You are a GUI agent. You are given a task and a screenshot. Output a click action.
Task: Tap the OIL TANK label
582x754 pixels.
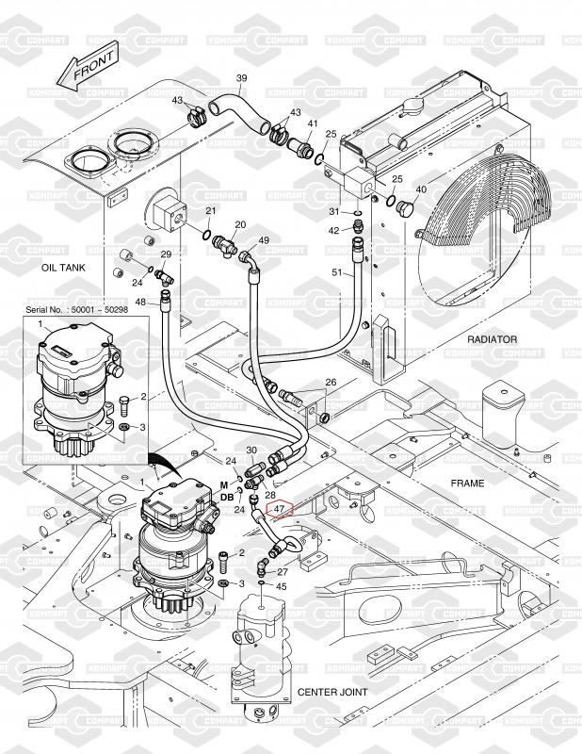pyautogui.click(x=64, y=268)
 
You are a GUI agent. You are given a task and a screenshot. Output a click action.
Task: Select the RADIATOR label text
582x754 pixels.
pyautogui.click(x=493, y=339)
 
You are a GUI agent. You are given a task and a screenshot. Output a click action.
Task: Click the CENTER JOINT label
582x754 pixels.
pyautogui.click(x=333, y=692)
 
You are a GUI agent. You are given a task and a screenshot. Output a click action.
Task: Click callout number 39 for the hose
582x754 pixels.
pyautogui.click(x=241, y=78)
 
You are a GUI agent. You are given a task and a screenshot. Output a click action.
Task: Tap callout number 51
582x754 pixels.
pyautogui.click(x=337, y=272)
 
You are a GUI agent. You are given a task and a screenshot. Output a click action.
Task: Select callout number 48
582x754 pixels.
pyautogui.click(x=140, y=302)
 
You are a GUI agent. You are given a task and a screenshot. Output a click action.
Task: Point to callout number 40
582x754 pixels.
pyautogui.click(x=421, y=189)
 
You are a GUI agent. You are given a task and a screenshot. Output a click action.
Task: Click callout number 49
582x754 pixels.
pyautogui.click(x=264, y=241)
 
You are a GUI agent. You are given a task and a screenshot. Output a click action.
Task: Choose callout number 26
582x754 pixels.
pyautogui.click(x=330, y=383)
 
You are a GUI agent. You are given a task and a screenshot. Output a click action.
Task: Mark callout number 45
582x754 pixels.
pyautogui.click(x=281, y=586)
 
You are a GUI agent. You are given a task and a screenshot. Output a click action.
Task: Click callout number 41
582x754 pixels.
pyautogui.click(x=313, y=124)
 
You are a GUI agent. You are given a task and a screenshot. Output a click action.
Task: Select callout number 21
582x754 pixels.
pyautogui.click(x=211, y=210)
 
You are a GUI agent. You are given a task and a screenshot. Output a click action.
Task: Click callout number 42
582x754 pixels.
pyautogui.click(x=333, y=231)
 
